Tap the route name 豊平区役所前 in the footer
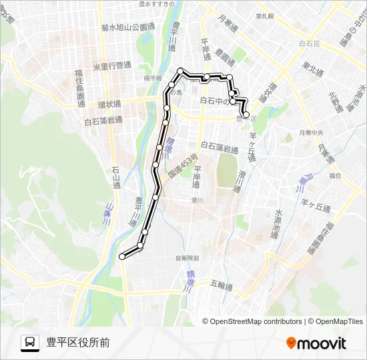point(78,343)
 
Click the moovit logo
point(316,343)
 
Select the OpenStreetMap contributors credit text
point(256,321)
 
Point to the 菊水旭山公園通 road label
point(128,27)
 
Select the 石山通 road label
point(115,177)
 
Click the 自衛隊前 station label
point(188,257)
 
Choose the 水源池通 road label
point(278,224)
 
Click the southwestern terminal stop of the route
point(121,256)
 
